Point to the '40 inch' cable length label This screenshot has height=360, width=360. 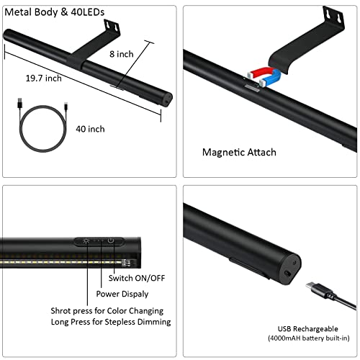[x=90, y=128]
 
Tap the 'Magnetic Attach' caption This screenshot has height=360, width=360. [x=239, y=152]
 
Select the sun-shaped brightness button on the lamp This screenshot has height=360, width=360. [x=86, y=240]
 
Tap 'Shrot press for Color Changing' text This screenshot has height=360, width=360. [x=106, y=310]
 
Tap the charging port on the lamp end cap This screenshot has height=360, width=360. [x=289, y=274]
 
